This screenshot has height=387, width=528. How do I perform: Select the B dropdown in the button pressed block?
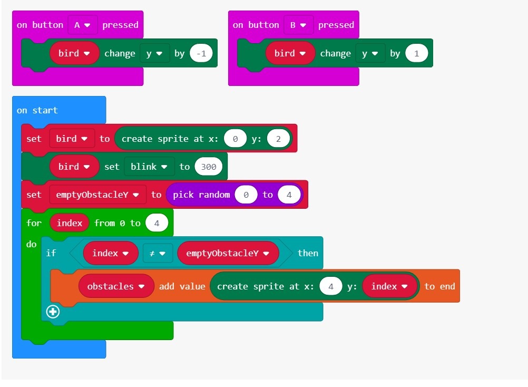click(x=298, y=25)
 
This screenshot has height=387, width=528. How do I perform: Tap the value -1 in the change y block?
click(x=201, y=53)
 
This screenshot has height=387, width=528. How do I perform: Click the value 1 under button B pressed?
click(x=416, y=53)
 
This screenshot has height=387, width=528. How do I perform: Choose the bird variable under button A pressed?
click(x=74, y=53)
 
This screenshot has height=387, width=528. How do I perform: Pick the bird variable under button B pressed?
click(x=290, y=53)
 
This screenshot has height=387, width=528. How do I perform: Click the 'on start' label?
click(x=37, y=110)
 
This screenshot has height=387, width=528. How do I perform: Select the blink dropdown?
click(x=149, y=167)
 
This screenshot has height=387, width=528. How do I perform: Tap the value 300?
click(x=209, y=167)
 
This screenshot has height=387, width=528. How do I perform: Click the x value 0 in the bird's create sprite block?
click(x=235, y=139)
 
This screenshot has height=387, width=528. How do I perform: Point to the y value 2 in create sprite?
click(x=278, y=139)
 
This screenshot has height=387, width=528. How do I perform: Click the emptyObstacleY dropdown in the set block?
click(x=97, y=195)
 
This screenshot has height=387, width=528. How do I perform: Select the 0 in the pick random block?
click(x=246, y=195)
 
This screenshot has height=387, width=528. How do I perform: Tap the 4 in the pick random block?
click(x=289, y=195)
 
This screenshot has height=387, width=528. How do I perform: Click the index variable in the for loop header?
click(x=70, y=223)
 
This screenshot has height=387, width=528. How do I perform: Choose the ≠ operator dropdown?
click(x=157, y=253)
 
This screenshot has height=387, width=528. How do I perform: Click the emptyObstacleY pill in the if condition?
click(x=228, y=253)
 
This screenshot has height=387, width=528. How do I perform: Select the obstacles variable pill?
click(x=116, y=286)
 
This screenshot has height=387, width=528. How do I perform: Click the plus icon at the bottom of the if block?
click(x=53, y=312)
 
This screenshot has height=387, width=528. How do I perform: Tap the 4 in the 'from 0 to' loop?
click(x=157, y=223)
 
